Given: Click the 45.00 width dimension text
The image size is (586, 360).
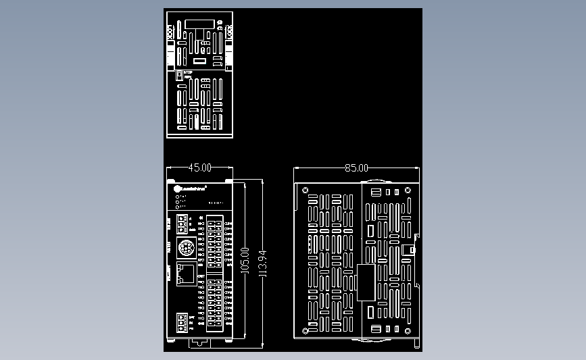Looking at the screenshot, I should (199, 168).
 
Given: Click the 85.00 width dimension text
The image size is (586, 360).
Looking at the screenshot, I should (356, 168).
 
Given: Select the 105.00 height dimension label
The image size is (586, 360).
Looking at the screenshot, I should (245, 260).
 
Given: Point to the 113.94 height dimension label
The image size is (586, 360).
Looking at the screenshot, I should (263, 263).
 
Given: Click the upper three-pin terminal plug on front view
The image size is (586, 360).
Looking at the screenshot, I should (182, 223).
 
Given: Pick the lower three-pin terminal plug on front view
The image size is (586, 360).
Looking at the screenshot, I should (182, 322).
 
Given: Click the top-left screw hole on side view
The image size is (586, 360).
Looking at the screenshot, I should (305, 190).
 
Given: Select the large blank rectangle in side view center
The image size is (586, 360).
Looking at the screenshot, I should (366, 282).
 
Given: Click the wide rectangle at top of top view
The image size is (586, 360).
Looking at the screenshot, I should (199, 24).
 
